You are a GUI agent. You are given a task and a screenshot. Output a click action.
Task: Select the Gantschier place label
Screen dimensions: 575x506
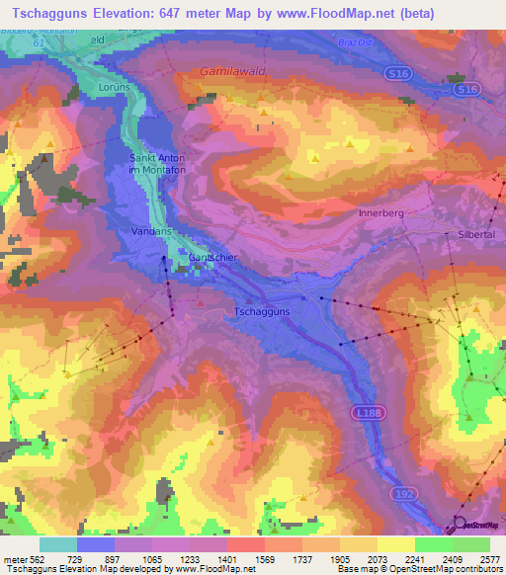[214, 257]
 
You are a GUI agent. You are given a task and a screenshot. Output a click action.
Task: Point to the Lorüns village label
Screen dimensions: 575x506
[115, 87]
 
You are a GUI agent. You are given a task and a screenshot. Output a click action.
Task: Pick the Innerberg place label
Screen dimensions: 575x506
[382, 212]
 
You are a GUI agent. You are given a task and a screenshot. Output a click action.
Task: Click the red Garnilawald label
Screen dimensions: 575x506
[233, 72]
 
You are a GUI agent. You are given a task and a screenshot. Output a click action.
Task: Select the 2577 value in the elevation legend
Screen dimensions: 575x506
[488, 558]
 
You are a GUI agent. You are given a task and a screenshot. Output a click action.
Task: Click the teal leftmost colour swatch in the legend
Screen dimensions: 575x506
[57, 544]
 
